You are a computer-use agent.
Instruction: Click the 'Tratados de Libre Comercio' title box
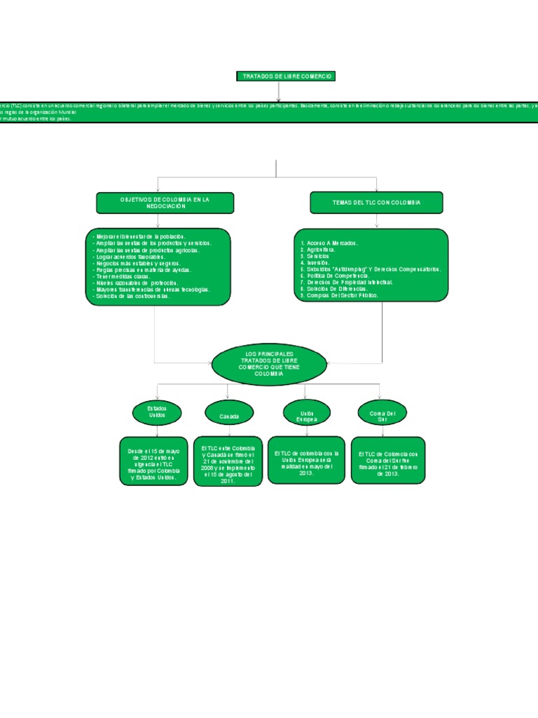(x=278, y=76)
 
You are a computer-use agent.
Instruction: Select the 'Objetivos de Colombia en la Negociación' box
(x=165, y=203)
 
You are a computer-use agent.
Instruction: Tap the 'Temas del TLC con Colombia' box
(x=376, y=202)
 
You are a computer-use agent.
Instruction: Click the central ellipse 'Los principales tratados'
(x=269, y=365)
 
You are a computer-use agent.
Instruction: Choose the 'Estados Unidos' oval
(x=157, y=412)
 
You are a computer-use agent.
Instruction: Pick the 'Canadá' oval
(x=228, y=415)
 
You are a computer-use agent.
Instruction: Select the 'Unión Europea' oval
(x=307, y=413)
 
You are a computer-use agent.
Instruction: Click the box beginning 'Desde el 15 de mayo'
(x=153, y=461)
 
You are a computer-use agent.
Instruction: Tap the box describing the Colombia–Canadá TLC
(x=228, y=461)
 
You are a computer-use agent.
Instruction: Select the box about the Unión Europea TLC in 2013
(x=306, y=460)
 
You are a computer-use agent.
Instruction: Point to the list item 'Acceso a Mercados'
(x=329, y=243)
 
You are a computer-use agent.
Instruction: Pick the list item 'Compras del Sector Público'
(x=338, y=295)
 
